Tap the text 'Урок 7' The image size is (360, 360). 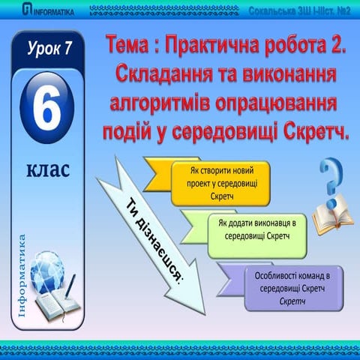pyautogui.click(x=49, y=51)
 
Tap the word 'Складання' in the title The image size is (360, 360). pyautogui.click(x=161, y=75)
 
